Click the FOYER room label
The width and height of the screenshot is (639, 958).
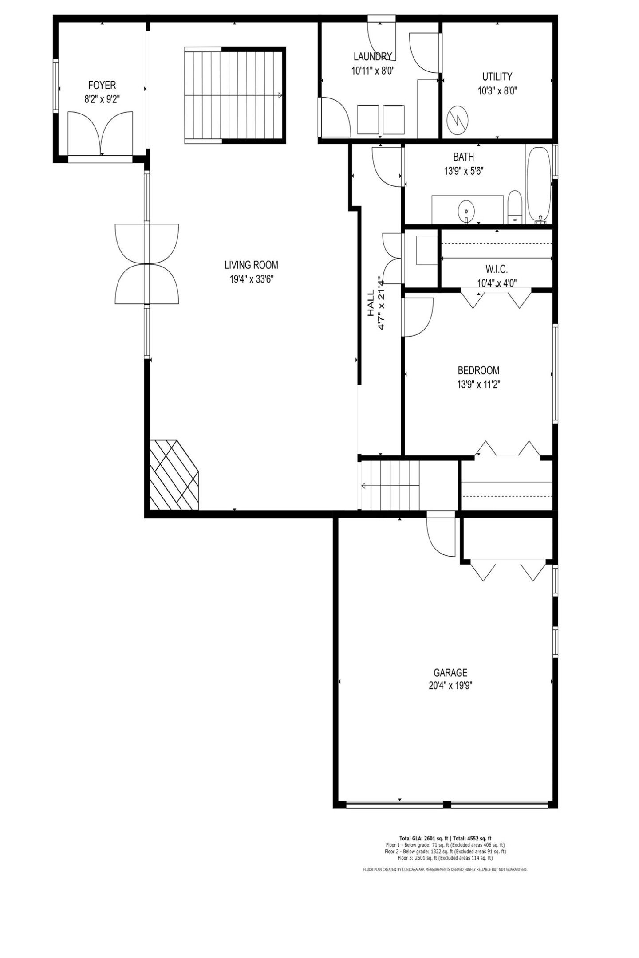click(102, 85)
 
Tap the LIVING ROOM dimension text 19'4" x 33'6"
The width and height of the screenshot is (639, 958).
click(251, 279)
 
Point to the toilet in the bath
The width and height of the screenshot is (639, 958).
click(515, 208)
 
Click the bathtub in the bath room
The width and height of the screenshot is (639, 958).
click(538, 185)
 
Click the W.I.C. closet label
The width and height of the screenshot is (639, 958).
click(496, 269)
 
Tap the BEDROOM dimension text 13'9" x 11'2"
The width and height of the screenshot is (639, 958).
click(478, 384)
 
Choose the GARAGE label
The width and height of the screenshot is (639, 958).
click(450, 673)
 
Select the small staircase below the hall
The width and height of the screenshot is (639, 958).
click(390, 486)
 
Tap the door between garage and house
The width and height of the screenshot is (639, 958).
click(441, 534)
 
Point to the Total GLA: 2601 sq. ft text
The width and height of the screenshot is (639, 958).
click(424, 838)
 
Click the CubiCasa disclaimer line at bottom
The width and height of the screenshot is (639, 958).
click(445, 870)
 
